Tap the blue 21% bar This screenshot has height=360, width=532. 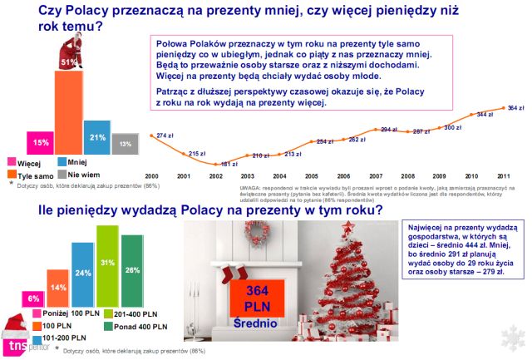pyautogui.click(x=96, y=137)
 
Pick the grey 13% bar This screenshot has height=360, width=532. pyautogui.click(x=125, y=143)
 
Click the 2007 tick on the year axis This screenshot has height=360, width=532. pyautogui.click(x=376, y=176)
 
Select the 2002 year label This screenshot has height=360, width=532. pyautogui.click(x=216, y=176)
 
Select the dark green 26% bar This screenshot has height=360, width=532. pyautogui.click(x=131, y=270)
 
